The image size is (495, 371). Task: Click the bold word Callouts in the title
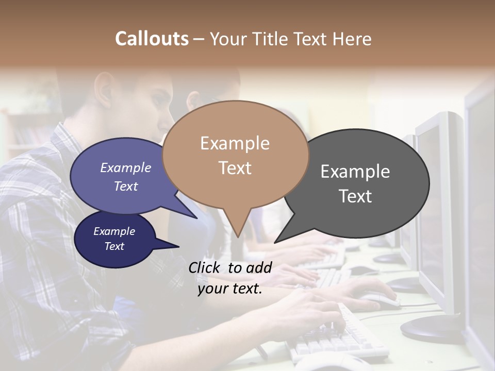[152, 39]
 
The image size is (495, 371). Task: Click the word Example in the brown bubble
[235, 143]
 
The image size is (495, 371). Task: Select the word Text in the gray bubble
[355, 196]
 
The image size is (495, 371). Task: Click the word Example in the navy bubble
[114, 231]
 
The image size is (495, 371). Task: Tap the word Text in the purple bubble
[126, 187]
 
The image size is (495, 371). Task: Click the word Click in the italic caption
[205, 267]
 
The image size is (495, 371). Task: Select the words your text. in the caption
[230, 289]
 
